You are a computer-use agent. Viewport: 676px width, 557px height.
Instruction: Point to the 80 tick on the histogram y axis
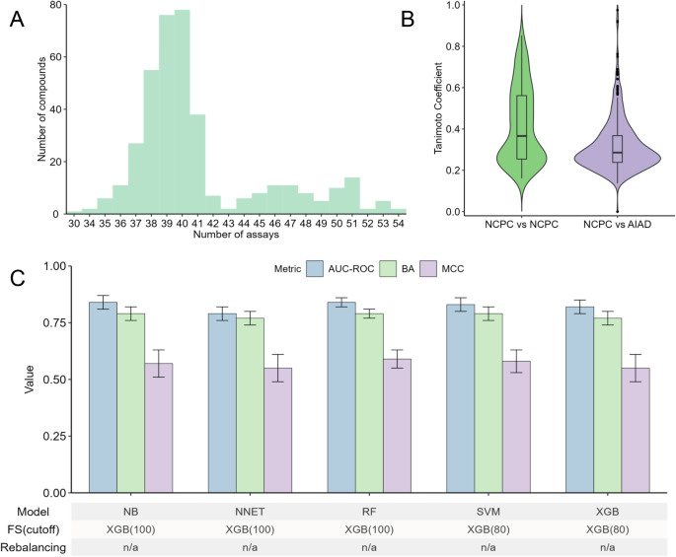point(56,5)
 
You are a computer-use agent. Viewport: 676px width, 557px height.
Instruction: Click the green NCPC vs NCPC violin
point(521,128)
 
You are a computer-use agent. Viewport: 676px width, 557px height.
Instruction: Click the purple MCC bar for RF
point(397,425)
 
